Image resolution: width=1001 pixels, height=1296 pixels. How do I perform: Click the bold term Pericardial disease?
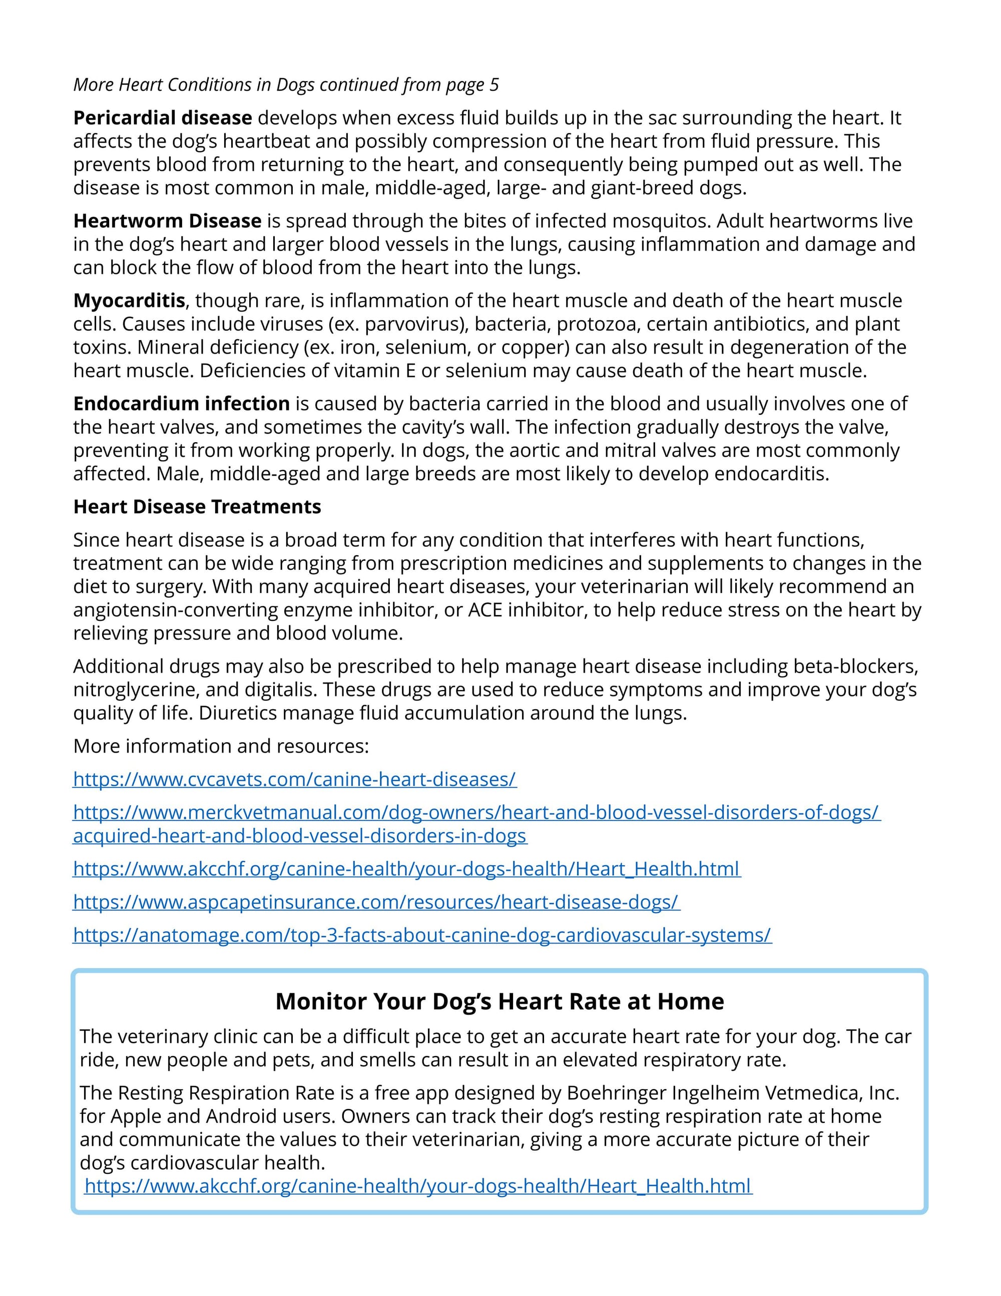(x=163, y=118)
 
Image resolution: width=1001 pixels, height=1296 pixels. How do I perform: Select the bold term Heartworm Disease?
(x=167, y=221)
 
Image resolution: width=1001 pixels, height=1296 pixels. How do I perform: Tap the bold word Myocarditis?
(x=129, y=301)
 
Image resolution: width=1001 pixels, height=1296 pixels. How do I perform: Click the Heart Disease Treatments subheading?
(x=197, y=507)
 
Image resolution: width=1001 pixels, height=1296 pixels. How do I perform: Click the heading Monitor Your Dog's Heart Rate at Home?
(x=499, y=1001)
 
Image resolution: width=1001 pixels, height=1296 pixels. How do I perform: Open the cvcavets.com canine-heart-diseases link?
(x=295, y=779)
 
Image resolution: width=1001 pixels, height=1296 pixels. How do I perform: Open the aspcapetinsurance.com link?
(x=376, y=902)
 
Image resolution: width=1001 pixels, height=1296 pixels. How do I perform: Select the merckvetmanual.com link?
(x=477, y=812)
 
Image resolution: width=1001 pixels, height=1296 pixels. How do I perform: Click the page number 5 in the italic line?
(x=494, y=85)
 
